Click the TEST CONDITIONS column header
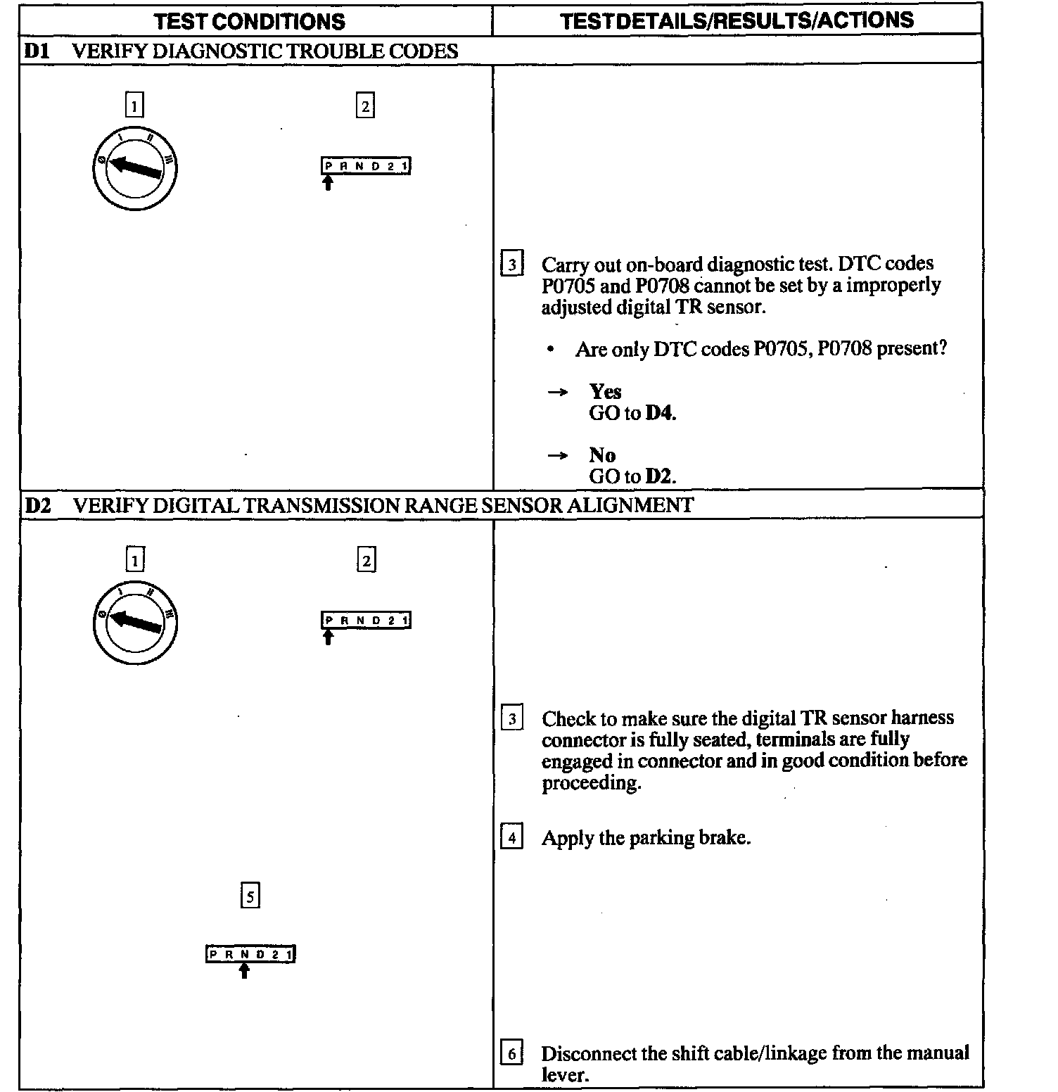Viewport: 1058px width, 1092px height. [250, 21]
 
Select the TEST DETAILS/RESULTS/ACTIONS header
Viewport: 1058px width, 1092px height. [737, 20]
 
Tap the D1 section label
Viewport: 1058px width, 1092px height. [36, 51]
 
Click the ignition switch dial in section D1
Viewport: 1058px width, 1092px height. [134, 169]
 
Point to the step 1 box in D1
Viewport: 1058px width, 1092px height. [134, 106]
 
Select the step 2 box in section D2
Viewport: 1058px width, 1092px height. [366, 560]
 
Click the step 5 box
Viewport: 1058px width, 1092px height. [250, 896]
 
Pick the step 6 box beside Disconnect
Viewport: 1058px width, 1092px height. [511, 1054]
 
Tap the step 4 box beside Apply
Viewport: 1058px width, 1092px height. [511, 838]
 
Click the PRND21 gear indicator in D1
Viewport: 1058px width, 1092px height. [366, 166]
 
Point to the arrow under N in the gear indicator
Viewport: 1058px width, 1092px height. [244, 971]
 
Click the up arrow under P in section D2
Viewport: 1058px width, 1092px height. [328, 637]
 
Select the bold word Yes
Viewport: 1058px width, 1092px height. [605, 391]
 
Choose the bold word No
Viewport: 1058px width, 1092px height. [602, 455]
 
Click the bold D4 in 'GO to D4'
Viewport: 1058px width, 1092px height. [659, 413]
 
